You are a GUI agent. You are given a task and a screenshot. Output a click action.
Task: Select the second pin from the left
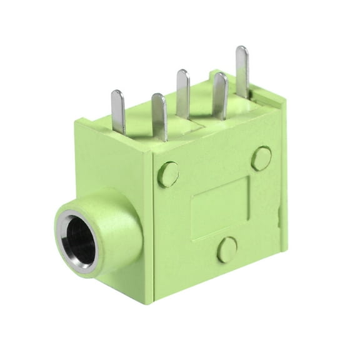pos(159,116)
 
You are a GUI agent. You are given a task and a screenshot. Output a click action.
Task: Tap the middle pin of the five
pos(182,94)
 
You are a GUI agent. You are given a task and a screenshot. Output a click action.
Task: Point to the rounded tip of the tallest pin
pos(242,50)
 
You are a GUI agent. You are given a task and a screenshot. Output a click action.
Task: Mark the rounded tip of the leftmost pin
pos(117,94)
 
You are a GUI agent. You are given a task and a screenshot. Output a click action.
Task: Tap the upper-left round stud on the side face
pos(168,174)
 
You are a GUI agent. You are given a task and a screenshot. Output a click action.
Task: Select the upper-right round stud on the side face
pos(261,158)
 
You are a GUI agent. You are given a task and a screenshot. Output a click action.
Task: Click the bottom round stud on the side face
pos(227,249)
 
